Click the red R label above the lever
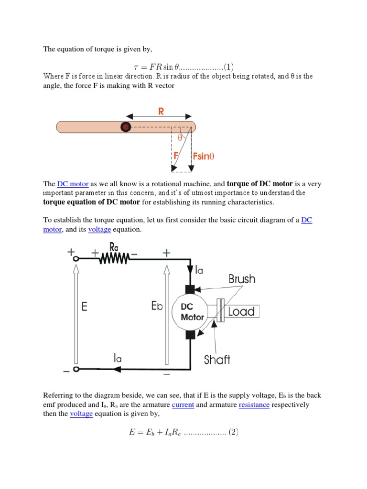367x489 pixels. click(x=161, y=111)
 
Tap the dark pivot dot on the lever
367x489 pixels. click(x=125, y=127)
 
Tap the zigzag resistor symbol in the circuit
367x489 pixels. click(x=114, y=258)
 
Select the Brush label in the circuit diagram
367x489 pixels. click(x=242, y=279)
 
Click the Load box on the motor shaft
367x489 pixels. click(x=241, y=312)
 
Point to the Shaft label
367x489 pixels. click(x=217, y=360)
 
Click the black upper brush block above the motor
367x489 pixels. click(x=190, y=289)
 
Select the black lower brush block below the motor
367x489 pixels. click(x=190, y=334)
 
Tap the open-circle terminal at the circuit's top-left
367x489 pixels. click(x=76, y=258)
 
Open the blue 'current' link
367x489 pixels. click(x=183, y=404)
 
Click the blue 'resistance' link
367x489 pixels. click(x=254, y=404)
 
